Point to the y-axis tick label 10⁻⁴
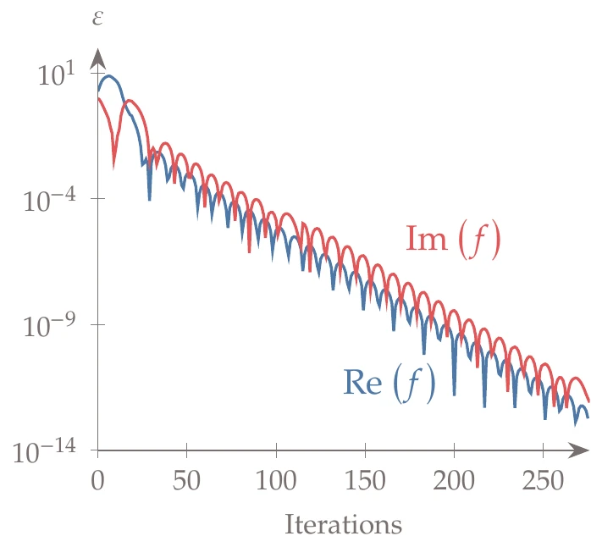coord(52,200)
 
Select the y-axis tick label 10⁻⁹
coord(52,325)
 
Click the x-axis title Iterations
coord(343,525)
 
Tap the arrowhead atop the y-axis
coord(97,58)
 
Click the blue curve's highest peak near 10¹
coord(108,76)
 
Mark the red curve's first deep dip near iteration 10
coord(113,159)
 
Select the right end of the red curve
coord(588,401)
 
